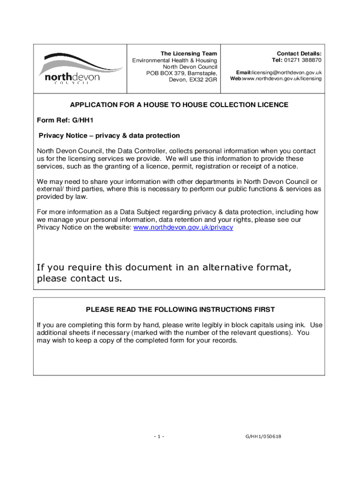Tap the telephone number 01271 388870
(x=304, y=60)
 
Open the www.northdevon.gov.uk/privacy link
(x=183, y=227)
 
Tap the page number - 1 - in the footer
(x=159, y=437)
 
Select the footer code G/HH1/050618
(x=263, y=437)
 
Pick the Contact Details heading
(x=299, y=54)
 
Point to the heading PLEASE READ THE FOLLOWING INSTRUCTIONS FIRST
(x=180, y=310)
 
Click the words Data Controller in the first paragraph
(x=139, y=151)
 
